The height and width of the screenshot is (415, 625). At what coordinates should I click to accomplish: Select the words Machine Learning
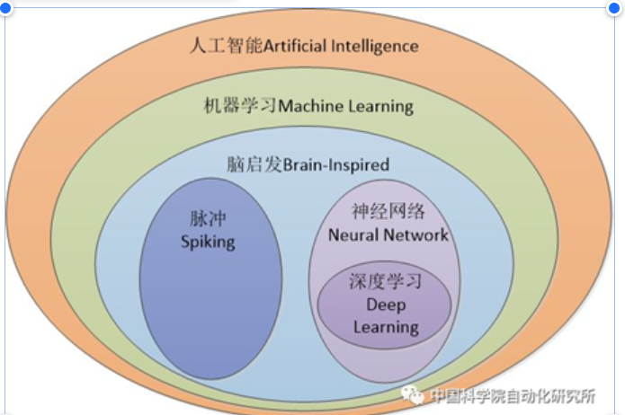(346, 106)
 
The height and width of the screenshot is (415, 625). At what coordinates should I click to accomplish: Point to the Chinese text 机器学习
(241, 106)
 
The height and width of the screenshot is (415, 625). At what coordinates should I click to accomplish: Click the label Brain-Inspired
(336, 164)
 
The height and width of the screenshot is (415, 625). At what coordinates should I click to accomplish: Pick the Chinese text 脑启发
(255, 164)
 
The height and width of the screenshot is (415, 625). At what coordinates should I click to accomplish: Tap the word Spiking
(208, 241)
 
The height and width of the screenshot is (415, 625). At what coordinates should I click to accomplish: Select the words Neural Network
(388, 235)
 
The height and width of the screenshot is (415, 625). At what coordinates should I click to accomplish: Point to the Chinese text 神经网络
(388, 213)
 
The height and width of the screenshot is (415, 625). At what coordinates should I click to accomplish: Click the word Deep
(386, 305)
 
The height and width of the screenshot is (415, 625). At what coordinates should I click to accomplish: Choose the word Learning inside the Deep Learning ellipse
(386, 326)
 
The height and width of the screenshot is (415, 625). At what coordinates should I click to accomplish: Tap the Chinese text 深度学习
(386, 282)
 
